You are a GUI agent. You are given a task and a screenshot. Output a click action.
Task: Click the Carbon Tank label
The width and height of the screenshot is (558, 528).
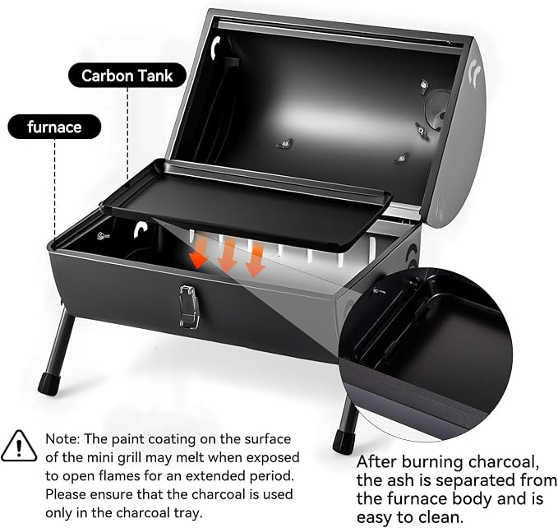tap(127, 76)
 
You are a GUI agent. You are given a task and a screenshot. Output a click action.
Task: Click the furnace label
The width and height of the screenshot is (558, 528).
tap(54, 127)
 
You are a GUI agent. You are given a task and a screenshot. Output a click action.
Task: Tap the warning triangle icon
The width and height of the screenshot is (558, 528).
tap(19, 447)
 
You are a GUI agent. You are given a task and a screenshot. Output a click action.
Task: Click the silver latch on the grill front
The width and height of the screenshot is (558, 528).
tap(189, 306)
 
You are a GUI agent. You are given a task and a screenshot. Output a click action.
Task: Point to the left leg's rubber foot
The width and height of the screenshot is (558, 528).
tap(48, 384)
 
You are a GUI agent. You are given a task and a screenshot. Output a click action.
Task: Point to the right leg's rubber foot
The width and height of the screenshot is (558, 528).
tap(343, 442)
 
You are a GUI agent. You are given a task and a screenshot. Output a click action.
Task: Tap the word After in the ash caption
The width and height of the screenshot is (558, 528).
tap(376, 462)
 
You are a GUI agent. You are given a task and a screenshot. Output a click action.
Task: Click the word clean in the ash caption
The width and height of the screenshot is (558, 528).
tap(438, 517)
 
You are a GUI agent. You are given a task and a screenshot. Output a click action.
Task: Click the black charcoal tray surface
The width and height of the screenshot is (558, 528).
tap(246, 203)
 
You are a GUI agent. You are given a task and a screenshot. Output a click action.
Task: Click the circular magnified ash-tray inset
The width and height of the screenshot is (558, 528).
tap(425, 355)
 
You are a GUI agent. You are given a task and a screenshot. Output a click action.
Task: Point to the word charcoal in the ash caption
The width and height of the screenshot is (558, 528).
tap(502, 462)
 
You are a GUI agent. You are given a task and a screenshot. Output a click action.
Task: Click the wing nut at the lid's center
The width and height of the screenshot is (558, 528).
tap(284, 143)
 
